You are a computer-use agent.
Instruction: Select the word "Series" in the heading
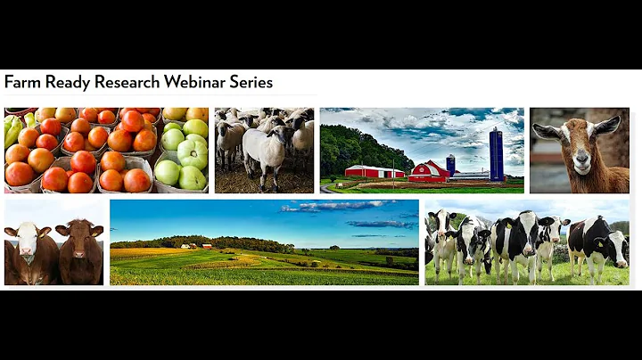click(250, 83)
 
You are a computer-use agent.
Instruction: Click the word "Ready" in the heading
click(62, 83)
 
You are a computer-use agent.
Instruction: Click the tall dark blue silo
click(496, 153)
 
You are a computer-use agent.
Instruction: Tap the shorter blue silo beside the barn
click(451, 164)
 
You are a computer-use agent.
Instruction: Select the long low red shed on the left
click(374, 171)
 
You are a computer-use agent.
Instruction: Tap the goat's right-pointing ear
click(605, 126)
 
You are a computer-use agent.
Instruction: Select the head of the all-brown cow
click(82, 239)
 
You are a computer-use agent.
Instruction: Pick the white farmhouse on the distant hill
click(190, 245)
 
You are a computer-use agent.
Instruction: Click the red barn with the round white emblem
click(429, 171)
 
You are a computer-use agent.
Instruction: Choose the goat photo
click(579, 151)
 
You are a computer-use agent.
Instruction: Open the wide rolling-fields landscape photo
click(264, 242)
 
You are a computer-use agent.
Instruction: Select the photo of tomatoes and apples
click(106, 151)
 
